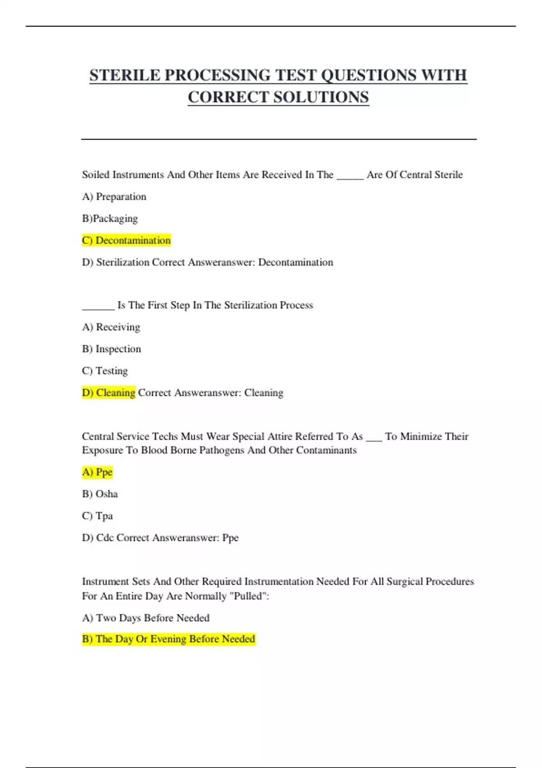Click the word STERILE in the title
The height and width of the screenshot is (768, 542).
pyautogui.click(x=125, y=75)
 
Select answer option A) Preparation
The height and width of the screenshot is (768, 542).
pyautogui.click(x=114, y=197)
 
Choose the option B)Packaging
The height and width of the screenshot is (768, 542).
pyautogui.click(x=110, y=219)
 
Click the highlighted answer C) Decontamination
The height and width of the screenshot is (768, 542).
pyautogui.click(x=126, y=240)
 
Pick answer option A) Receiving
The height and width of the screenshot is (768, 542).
pyautogui.click(x=111, y=327)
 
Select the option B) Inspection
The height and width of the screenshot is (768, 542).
pyautogui.click(x=112, y=349)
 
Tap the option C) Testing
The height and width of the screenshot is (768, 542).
pyautogui.click(x=105, y=371)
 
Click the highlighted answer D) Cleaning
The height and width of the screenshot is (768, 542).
pyautogui.click(x=109, y=393)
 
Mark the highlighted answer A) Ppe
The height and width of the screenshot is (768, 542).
pyautogui.click(x=97, y=472)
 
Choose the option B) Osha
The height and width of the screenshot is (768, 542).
pyautogui.click(x=100, y=494)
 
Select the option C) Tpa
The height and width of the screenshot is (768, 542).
pyautogui.click(x=97, y=516)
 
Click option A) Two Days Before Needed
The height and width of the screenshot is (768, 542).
pyautogui.click(x=145, y=618)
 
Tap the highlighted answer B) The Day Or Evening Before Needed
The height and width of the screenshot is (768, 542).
pyautogui.click(x=168, y=639)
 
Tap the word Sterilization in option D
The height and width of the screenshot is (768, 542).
pyautogui.click(x=123, y=262)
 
